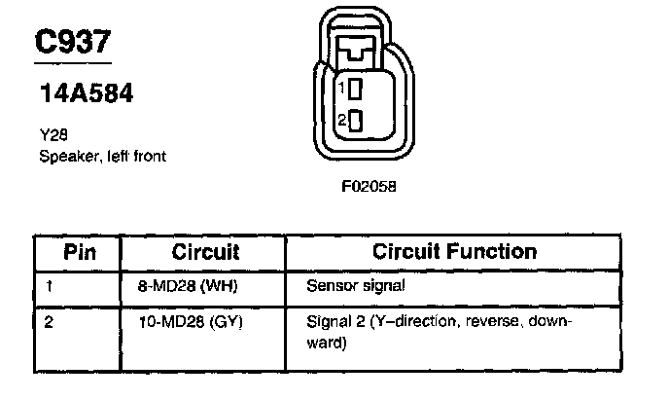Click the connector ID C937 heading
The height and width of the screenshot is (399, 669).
(74, 42)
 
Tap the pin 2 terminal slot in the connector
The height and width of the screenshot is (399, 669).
(355, 123)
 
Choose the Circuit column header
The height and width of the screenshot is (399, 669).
(205, 252)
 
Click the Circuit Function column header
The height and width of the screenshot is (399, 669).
(455, 252)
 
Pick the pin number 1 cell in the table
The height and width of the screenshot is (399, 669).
(49, 287)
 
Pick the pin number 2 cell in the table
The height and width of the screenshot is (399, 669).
(49, 321)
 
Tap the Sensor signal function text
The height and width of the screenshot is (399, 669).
(354, 287)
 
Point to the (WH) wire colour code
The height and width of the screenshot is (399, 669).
(223, 287)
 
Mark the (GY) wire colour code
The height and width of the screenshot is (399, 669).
(226, 321)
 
